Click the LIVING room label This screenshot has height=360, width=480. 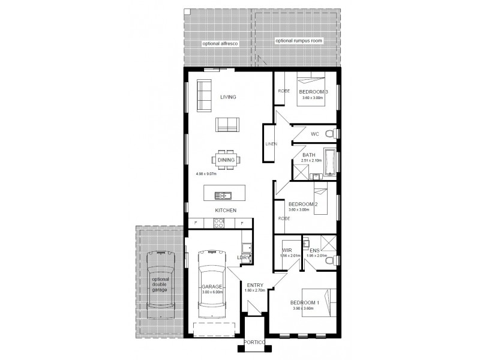click(x=227, y=97)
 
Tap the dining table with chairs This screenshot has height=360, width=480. click(x=226, y=160)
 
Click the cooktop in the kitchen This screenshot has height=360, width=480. click(x=218, y=223)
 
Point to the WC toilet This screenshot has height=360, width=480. click(x=329, y=133)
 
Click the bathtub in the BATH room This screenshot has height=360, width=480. click(x=329, y=163)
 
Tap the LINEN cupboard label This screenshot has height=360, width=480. click(x=271, y=144)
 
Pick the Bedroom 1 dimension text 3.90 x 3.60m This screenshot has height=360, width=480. click(x=304, y=308)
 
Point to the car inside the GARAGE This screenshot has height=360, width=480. click(x=211, y=285)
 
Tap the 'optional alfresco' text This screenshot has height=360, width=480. click(x=218, y=44)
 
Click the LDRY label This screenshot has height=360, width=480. click(x=244, y=258)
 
